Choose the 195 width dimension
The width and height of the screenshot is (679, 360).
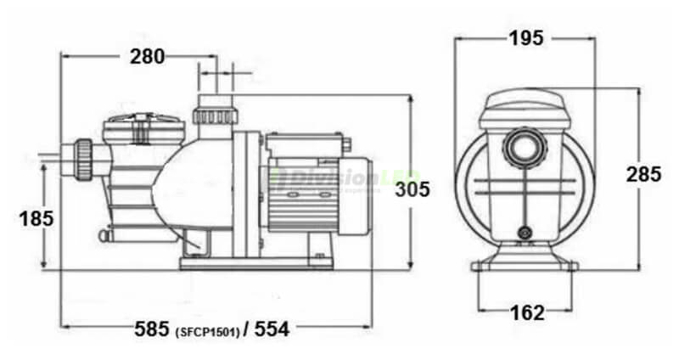coord(526,37)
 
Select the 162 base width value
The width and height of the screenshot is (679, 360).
coord(527,313)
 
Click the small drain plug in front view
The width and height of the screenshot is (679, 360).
coord(526,231)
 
